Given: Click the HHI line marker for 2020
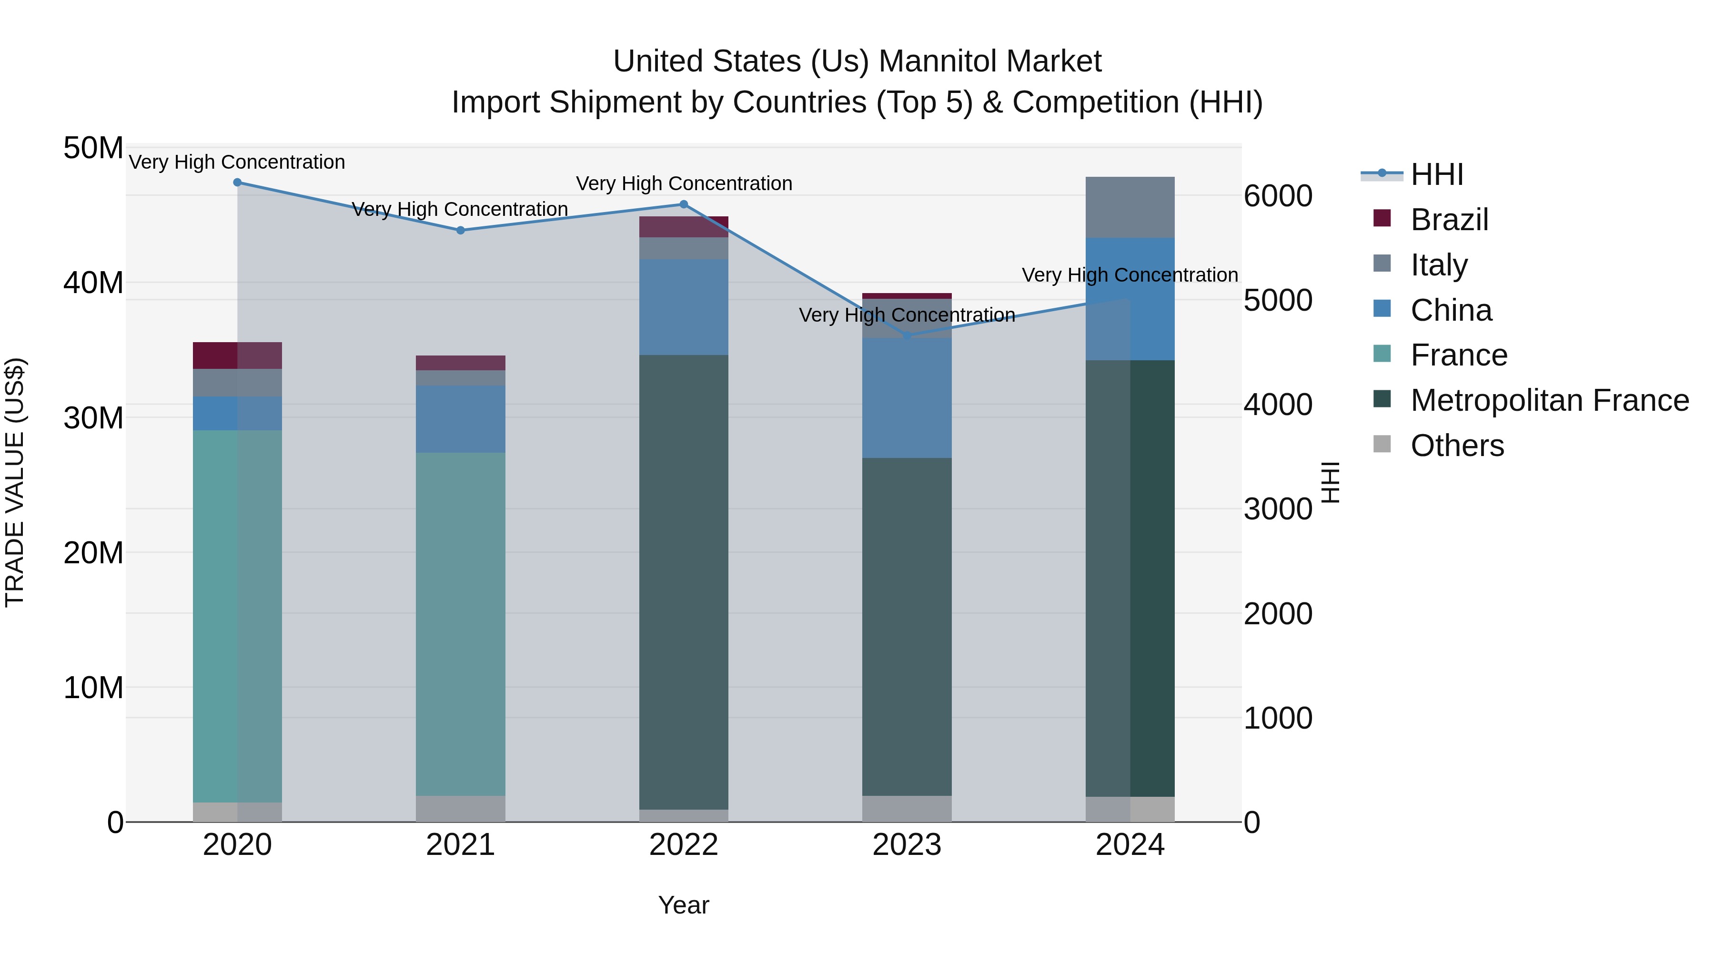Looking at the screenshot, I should point(237,183).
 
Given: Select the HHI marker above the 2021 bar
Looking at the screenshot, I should point(460,231).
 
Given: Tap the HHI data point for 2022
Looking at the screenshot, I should point(684,204).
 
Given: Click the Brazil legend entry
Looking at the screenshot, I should point(1449,220).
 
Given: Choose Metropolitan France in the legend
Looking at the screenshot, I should point(1549,400).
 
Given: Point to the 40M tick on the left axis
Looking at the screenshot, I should point(93,283).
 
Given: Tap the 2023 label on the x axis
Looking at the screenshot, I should point(907,845).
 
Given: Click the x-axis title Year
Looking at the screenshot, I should point(684,905).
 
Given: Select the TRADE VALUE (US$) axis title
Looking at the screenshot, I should point(15,482).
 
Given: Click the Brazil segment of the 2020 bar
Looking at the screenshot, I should point(237,356).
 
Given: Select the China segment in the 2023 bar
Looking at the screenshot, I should point(907,398).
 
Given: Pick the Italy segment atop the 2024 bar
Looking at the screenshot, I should point(1130,207).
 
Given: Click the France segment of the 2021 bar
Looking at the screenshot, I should point(460,624).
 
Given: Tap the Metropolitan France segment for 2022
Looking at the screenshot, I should point(684,582).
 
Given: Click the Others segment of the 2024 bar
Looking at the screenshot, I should point(1130,809).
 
